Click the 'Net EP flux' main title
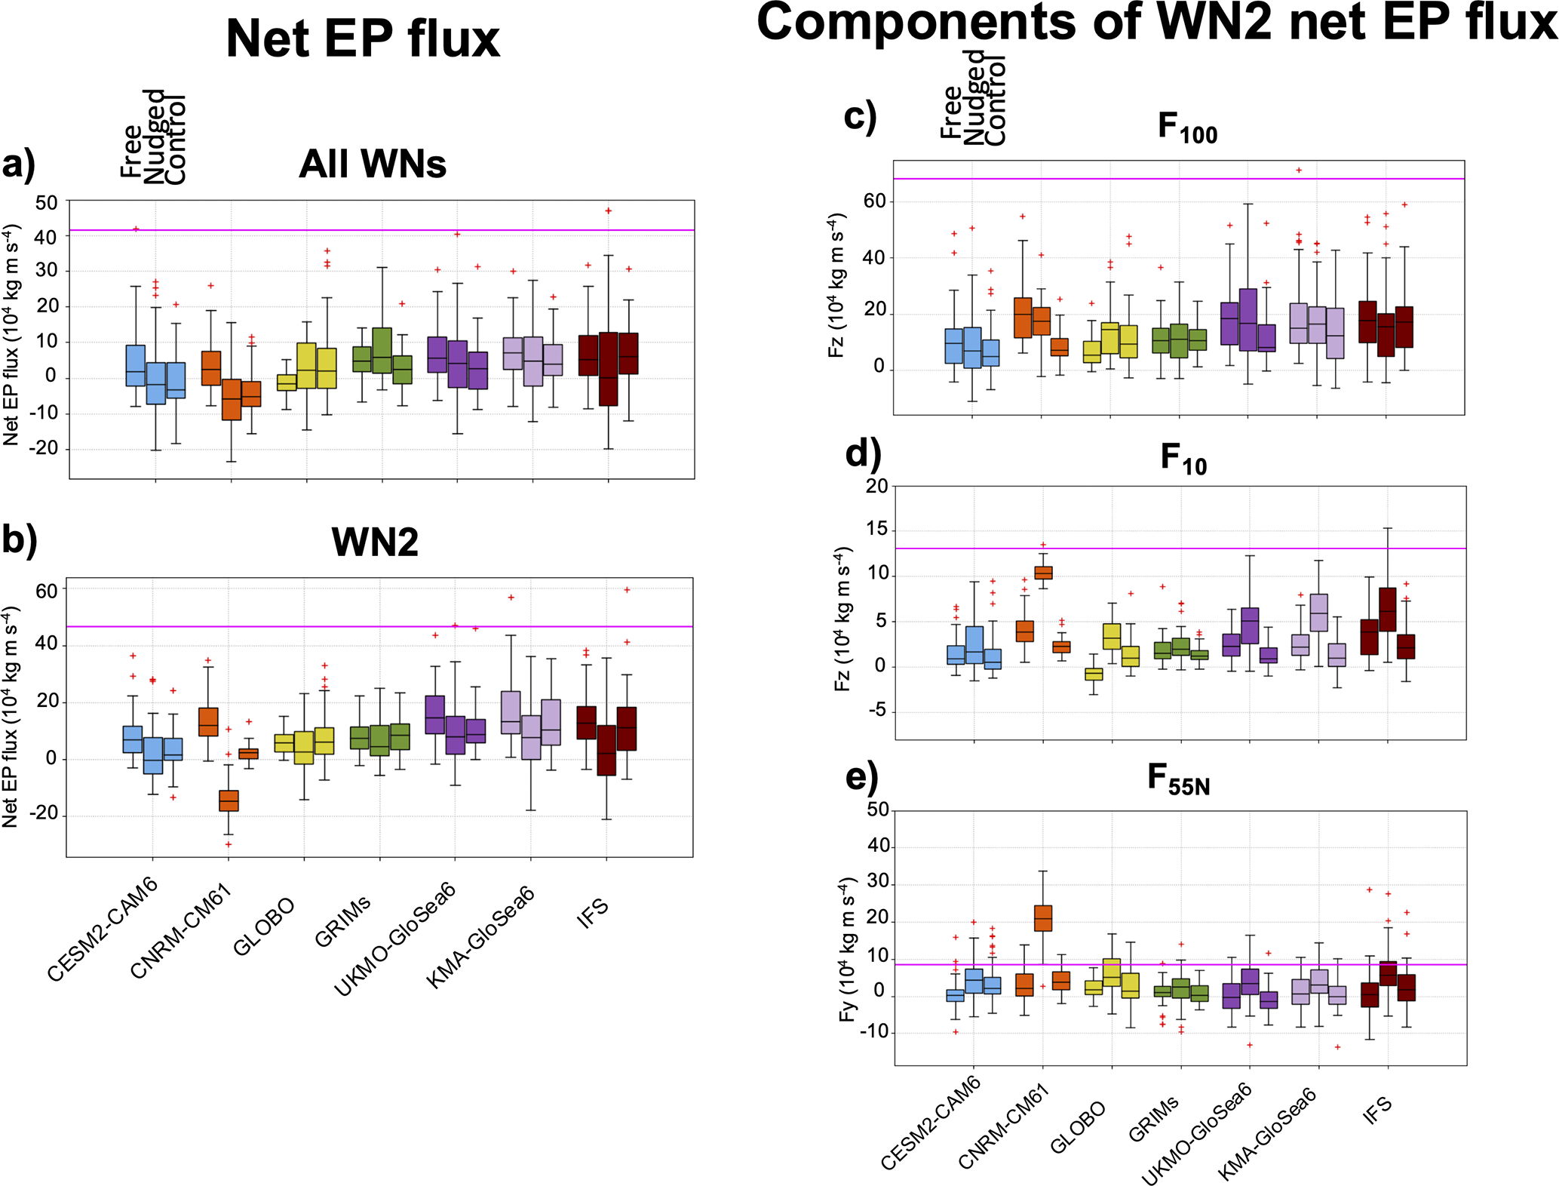tap(363, 39)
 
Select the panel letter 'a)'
tap(19, 164)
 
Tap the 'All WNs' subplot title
tap(373, 164)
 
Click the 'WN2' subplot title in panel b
tap(375, 542)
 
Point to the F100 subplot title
tap(1187, 128)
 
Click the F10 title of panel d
tap(1183, 459)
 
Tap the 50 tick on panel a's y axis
tap(46, 202)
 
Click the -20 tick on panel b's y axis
tap(43, 814)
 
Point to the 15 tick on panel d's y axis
tap(876, 530)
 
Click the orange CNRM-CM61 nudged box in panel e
tap(1043, 918)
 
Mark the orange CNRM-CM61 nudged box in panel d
tap(1043, 573)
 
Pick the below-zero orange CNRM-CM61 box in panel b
tap(229, 800)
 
